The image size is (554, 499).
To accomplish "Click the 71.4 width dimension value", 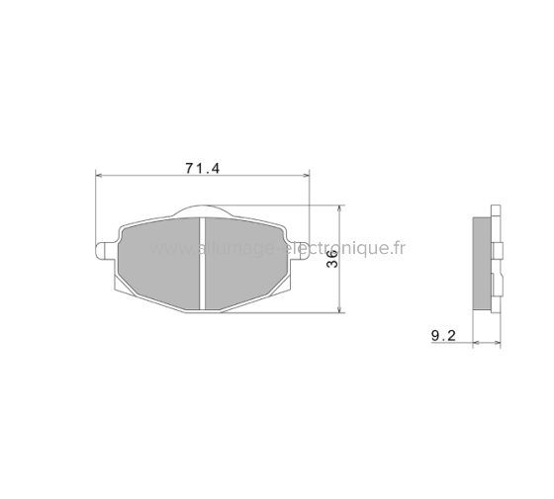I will [x=202, y=167].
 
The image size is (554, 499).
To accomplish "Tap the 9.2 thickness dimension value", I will [x=442, y=336].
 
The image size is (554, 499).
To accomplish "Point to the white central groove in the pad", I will [x=202, y=262].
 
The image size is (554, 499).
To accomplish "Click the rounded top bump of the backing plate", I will [x=202, y=209].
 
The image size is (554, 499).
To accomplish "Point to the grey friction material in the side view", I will [x=482, y=262].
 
